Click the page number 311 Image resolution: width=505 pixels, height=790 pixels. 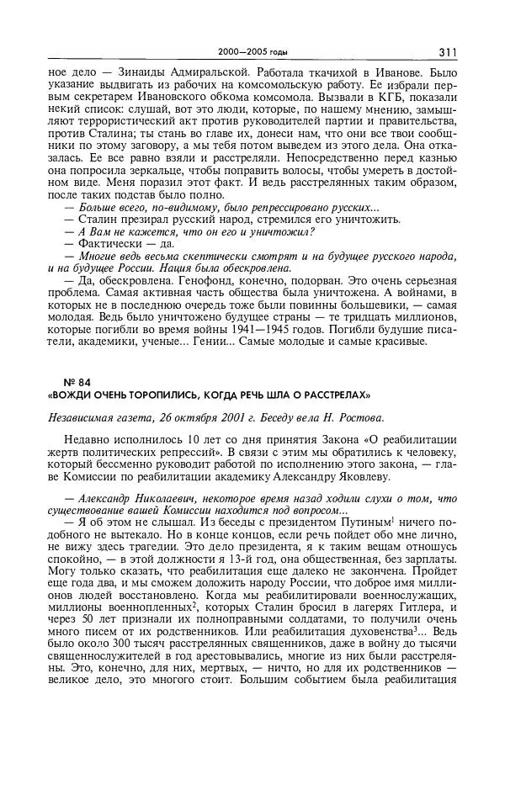coord(447,52)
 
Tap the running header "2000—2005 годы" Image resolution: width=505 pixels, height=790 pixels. coord(252,53)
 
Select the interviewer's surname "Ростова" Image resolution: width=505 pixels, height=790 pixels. coord(360,417)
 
